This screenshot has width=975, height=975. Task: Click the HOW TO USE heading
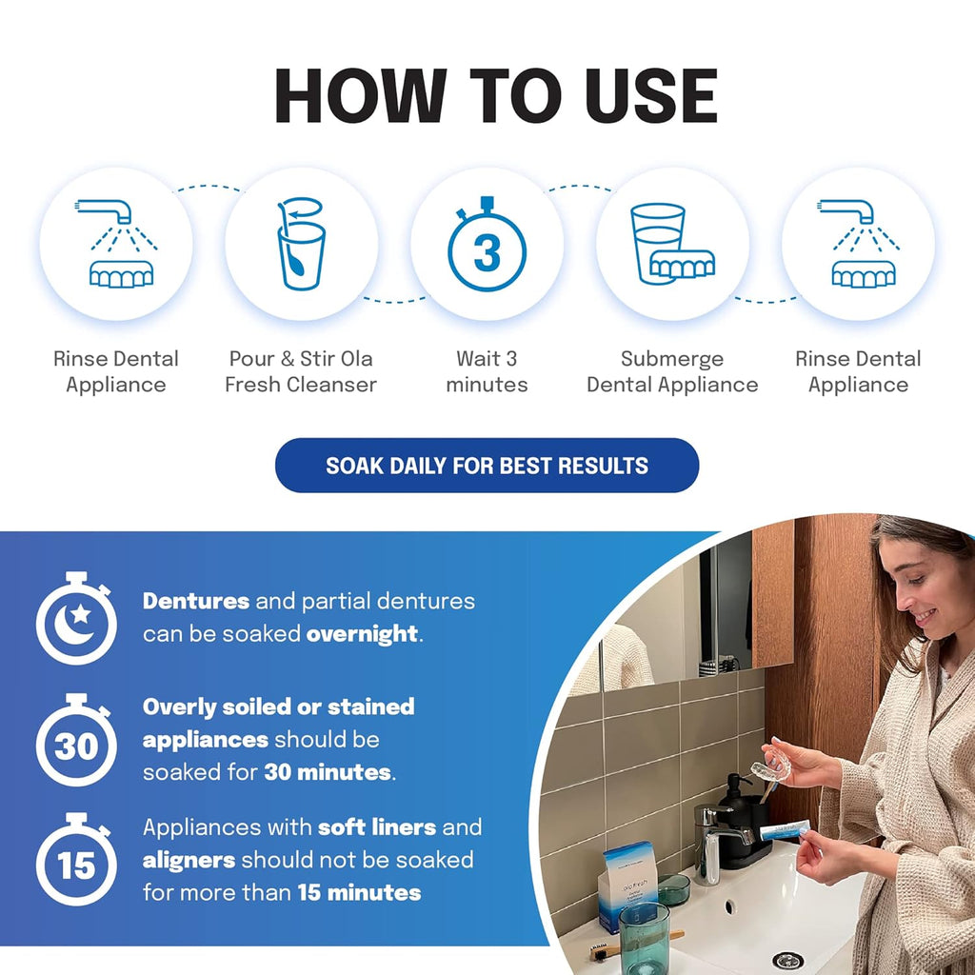[495, 96]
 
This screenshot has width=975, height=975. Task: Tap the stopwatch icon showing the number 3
[487, 247]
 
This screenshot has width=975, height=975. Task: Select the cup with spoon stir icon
[301, 245]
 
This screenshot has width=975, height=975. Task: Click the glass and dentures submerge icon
[672, 245]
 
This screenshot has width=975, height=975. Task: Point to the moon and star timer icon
[76, 619]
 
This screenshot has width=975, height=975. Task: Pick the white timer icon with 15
[76, 861]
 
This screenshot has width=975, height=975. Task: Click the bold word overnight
[362, 634]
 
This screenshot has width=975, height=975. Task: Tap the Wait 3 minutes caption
[487, 372]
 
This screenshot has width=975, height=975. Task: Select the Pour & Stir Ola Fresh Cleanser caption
[301, 372]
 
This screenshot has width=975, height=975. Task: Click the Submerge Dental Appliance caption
[672, 372]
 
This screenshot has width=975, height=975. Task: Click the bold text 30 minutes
[328, 772]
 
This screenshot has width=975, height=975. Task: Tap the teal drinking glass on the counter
[645, 939]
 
